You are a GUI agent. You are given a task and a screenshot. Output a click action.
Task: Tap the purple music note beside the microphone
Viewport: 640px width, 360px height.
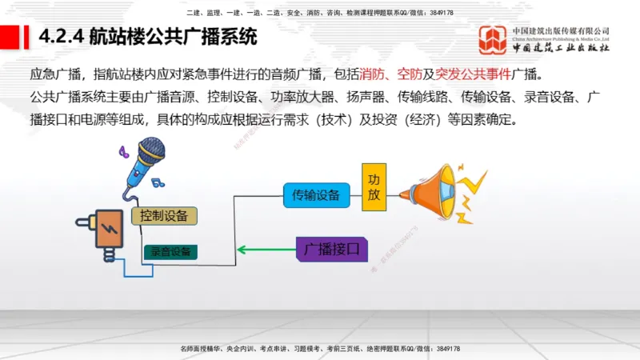[x=122, y=150]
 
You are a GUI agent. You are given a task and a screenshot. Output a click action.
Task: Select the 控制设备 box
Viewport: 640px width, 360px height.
[x=164, y=215]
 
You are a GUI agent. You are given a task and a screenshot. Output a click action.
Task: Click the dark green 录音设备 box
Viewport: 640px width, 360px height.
[x=170, y=251]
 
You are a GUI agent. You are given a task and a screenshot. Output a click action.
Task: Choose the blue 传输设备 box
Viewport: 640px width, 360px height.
[x=316, y=194]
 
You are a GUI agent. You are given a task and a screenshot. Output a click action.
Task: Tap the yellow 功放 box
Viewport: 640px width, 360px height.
[x=374, y=189]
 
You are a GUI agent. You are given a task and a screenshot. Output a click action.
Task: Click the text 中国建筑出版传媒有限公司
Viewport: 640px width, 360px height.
[x=561, y=30]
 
